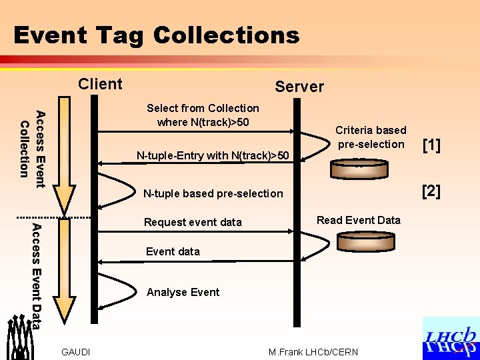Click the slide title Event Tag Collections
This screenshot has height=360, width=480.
[156, 35]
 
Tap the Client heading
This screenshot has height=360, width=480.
[100, 84]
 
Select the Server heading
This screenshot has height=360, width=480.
[299, 87]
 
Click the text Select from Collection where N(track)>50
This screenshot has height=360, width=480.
[203, 115]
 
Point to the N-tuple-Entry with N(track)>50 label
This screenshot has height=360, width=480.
[213, 156]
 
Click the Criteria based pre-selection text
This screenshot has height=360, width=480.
[370, 137]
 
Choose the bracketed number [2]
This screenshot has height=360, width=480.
[431, 191]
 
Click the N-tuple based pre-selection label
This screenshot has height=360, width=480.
[213, 193]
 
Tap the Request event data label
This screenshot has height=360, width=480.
[193, 222]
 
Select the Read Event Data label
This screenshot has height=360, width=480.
[358, 220]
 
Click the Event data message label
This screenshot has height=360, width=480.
[173, 251]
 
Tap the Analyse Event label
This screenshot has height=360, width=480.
[183, 292]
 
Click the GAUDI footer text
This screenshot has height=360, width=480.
[75, 352]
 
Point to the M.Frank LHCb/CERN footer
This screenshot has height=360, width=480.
[313, 352]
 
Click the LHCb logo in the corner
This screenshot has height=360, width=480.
[451, 339]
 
